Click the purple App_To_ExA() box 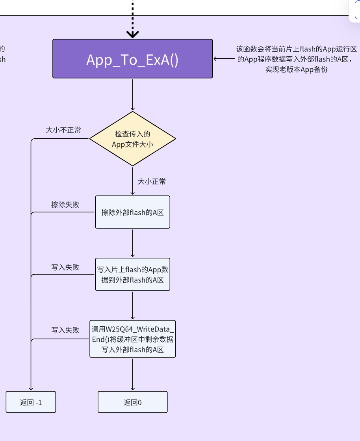pyautogui.click(x=132, y=59)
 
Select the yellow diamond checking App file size pyautogui.click(x=132, y=139)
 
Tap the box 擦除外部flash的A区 pyautogui.click(x=132, y=212)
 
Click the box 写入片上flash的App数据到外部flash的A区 pyautogui.click(x=132, y=274)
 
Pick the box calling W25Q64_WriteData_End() pyautogui.click(x=132, y=339)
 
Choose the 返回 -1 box pyautogui.click(x=31, y=402)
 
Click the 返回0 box pyautogui.click(x=132, y=402)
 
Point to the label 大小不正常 pyautogui.click(x=63, y=130)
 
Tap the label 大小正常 pyautogui.click(x=152, y=181)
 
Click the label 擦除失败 pyautogui.click(x=65, y=205)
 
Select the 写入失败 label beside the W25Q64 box pyautogui.click(x=65, y=330)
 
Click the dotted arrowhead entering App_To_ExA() pyautogui.click(x=133, y=34)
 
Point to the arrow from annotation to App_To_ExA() pyautogui.click(x=224, y=59)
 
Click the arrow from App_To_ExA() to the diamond pyautogui.click(x=132, y=95)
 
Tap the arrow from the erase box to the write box pyautogui.click(x=132, y=243)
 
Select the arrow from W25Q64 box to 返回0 pyautogui.click(x=132, y=374)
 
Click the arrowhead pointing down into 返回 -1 pyautogui.click(x=31, y=388)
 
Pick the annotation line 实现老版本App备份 pyautogui.click(x=296, y=69)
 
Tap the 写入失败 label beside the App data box pyautogui.click(x=65, y=267)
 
